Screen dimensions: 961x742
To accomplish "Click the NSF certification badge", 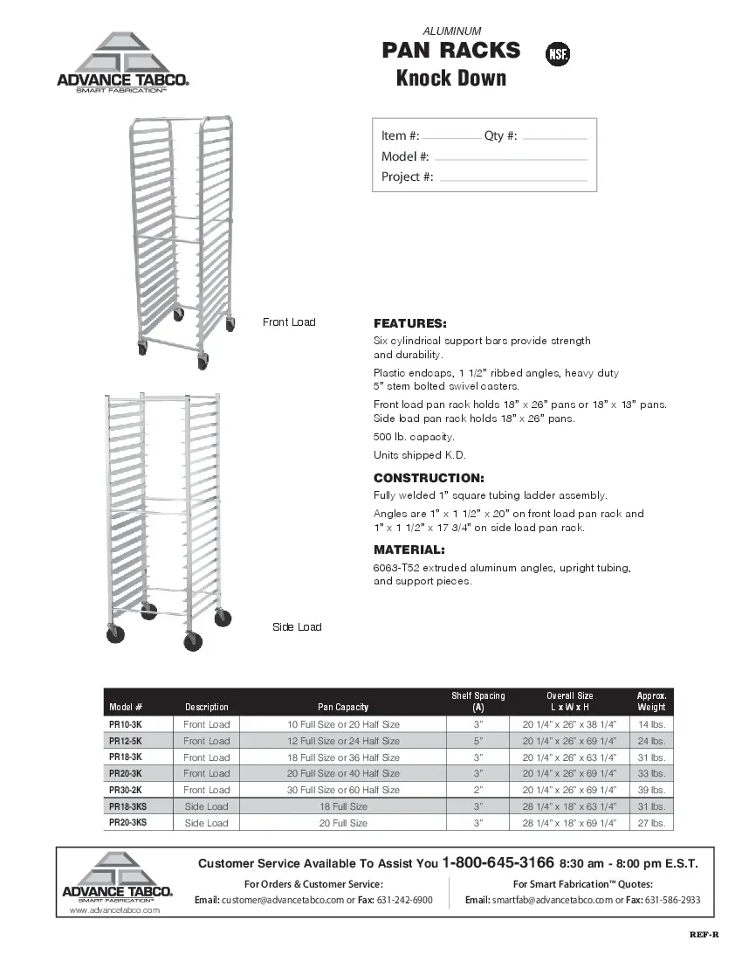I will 558,54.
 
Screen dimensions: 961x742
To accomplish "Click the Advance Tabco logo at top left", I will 123,63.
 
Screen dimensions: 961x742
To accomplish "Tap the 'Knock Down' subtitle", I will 451,79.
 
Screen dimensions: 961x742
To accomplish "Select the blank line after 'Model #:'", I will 510,159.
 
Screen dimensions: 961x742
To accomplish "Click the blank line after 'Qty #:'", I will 553,138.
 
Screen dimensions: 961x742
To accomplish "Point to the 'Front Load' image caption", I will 289,322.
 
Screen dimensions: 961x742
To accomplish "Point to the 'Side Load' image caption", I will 297,627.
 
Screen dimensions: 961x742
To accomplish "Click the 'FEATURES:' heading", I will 409,323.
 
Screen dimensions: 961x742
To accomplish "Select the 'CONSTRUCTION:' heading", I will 428,479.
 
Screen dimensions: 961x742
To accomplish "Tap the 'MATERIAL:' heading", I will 409,550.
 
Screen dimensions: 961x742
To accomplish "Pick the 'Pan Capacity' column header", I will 343,707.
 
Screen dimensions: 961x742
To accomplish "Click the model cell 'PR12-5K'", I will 125,741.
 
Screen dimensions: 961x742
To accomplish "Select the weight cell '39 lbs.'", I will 651,790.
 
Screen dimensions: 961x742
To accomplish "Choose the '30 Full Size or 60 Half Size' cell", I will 343,790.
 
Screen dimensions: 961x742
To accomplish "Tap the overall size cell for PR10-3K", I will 569,725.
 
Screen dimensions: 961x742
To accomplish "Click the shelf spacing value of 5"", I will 477,741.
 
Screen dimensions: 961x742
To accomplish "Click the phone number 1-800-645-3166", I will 498,863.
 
